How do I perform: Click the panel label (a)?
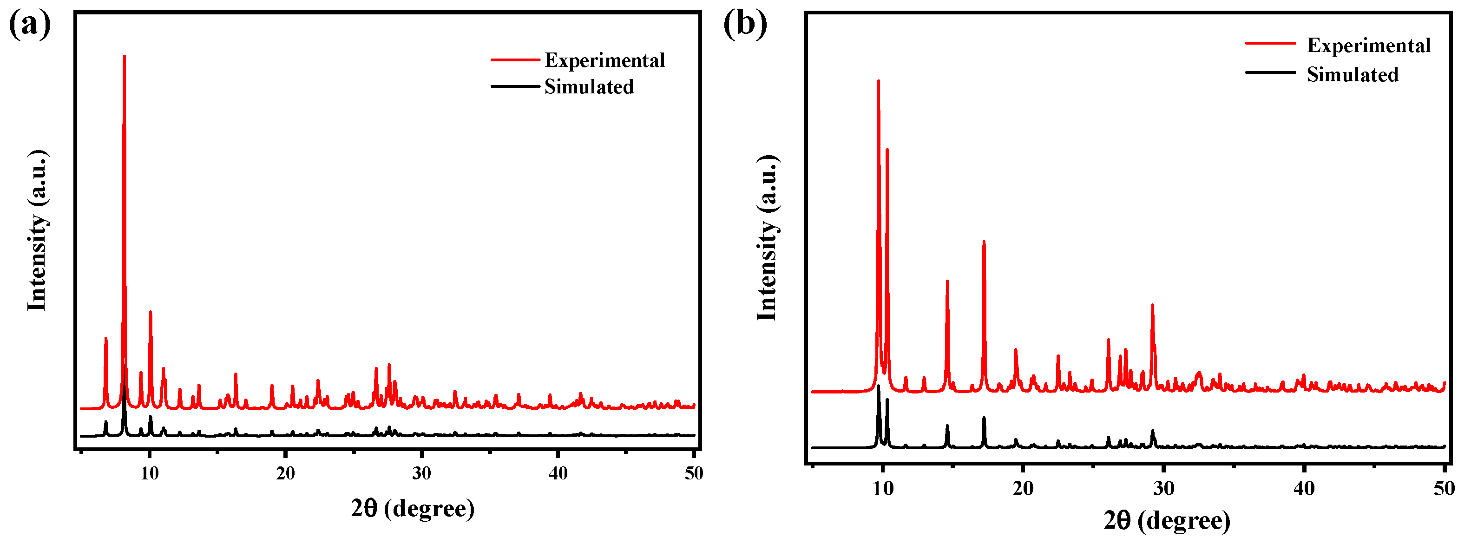[x=29, y=25]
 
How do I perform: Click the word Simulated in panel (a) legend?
[x=589, y=87]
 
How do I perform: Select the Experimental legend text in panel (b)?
[x=1368, y=45]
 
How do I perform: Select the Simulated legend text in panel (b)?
[x=1352, y=75]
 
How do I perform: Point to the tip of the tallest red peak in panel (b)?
[x=878, y=81]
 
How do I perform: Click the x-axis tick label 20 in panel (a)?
[x=286, y=473]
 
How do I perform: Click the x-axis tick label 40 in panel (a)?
[x=558, y=473]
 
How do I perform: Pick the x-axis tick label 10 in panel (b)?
[x=883, y=489]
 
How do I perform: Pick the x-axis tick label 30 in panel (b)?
[x=1164, y=489]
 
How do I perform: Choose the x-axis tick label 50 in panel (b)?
[x=1444, y=489]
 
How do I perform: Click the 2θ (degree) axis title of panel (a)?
[x=412, y=508]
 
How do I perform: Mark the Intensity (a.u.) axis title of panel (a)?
[x=37, y=230]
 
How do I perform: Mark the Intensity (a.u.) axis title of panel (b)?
[x=767, y=237]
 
